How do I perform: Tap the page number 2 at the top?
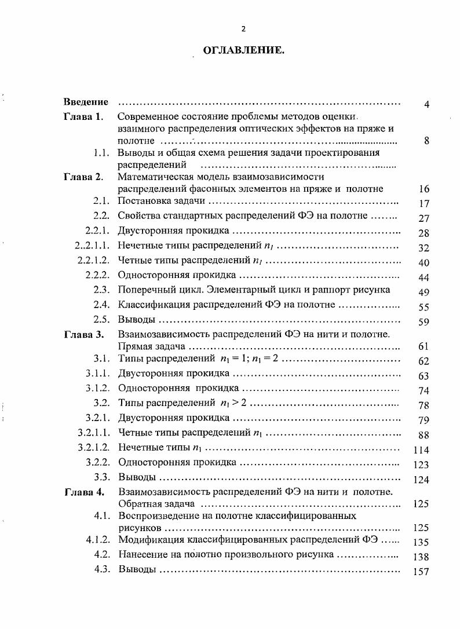pyautogui.click(x=243, y=29)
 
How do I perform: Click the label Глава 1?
pyautogui.click(x=83, y=116)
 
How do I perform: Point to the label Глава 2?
pyautogui.click(x=83, y=177)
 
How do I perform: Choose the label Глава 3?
pyautogui.click(x=83, y=334)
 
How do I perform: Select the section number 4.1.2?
pyautogui.click(x=98, y=540)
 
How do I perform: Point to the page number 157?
pyautogui.click(x=421, y=572)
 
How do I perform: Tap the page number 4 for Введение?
pyautogui.click(x=426, y=105)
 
